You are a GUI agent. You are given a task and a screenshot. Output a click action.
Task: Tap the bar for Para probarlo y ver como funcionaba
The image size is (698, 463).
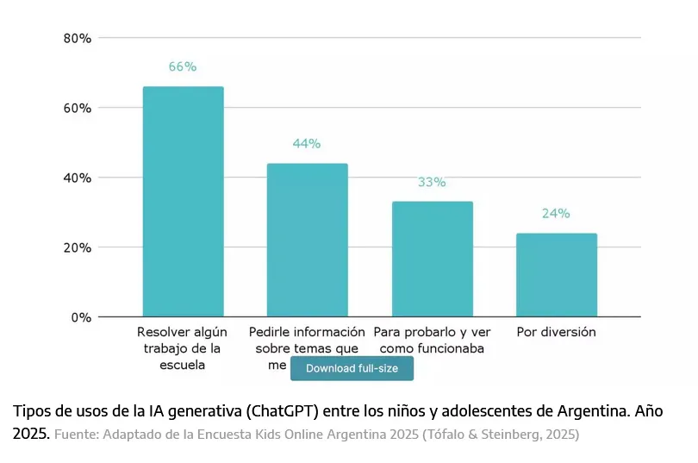(x=433, y=259)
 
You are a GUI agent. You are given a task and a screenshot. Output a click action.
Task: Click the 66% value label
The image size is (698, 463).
(x=183, y=66)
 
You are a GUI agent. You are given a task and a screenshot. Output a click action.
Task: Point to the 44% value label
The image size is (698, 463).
(x=307, y=143)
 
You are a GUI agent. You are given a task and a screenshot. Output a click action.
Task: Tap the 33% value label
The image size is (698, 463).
(x=432, y=182)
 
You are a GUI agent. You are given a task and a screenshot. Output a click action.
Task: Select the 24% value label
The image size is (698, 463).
(x=556, y=214)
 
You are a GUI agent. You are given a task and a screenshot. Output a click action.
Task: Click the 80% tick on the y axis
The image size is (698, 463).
(x=78, y=38)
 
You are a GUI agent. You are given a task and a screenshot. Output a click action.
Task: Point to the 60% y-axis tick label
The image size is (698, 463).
(x=78, y=108)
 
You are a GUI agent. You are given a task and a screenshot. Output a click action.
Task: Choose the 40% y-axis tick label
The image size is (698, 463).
(x=78, y=178)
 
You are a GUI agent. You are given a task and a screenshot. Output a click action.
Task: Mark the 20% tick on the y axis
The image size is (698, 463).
(x=78, y=247)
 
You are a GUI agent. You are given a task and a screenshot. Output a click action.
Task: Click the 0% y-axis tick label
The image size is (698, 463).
(x=81, y=317)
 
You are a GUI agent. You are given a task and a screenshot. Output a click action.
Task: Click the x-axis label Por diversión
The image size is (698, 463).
(x=556, y=332)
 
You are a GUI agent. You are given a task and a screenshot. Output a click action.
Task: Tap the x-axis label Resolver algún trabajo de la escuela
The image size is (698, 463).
(x=183, y=348)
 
